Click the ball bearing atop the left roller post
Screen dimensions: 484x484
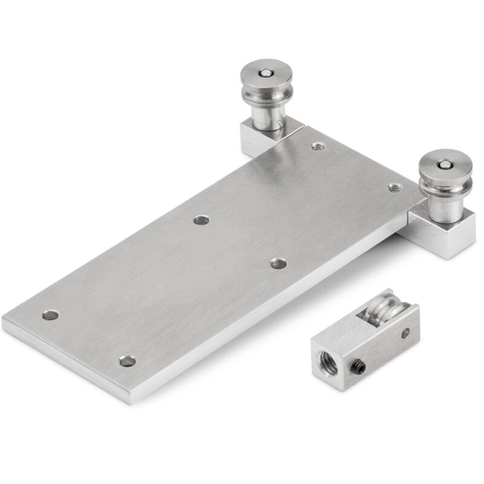pos(265,73)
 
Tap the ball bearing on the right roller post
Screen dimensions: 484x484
pos(445,164)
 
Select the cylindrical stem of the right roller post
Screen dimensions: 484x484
pos(445,209)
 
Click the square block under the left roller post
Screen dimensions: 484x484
pos(254,139)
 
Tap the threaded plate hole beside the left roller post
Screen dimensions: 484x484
pos(318,146)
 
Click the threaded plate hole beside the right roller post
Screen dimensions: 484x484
pos(394,188)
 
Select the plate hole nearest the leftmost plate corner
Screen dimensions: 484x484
pos(50,315)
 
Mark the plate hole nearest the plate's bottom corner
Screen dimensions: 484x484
pos(127,361)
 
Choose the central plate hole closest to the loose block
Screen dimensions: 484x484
pos(278,264)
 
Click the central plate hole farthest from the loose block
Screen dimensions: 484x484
pos(201,220)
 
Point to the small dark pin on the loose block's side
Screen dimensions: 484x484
pos(405,332)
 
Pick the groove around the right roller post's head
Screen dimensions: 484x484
pos(445,183)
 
